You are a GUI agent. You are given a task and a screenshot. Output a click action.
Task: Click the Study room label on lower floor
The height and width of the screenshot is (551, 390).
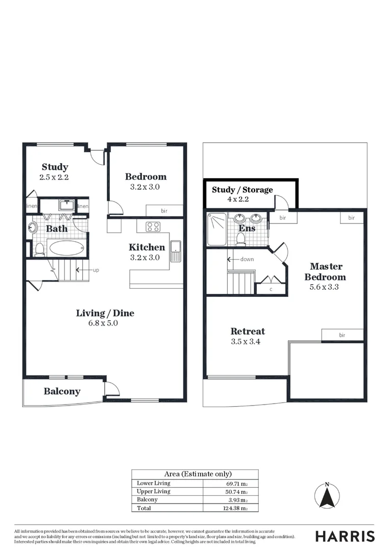click(x=55, y=167)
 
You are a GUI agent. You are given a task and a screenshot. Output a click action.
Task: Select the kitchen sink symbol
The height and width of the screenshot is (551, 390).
click(x=176, y=251)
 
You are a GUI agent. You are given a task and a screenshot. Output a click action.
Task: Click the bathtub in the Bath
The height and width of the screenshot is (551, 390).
click(x=66, y=248)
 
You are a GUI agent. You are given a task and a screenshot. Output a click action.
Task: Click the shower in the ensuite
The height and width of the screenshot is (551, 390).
click(x=216, y=228)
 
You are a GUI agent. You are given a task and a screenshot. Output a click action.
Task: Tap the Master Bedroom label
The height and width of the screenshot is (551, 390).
click(x=326, y=271)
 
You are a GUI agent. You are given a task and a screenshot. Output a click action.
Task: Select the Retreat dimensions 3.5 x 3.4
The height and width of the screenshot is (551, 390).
click(x=246, y=342)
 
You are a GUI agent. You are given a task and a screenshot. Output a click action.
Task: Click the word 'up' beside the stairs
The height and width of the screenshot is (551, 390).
click(x=95, y=269)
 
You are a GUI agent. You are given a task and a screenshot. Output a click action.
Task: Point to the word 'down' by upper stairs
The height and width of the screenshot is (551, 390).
click(x=247, y=259)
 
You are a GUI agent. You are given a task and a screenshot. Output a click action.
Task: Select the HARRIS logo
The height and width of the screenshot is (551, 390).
click(x=345, y=536)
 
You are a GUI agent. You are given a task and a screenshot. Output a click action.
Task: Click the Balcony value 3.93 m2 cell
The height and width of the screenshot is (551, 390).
click(x=238, y=500)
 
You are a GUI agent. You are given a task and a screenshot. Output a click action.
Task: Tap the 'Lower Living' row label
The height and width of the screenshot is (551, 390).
click(x=154, y=483)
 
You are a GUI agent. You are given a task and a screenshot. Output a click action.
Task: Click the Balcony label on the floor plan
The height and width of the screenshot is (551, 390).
click(x=62, y=391)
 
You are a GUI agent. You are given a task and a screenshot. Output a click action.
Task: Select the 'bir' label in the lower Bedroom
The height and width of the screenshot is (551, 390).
click(x=164, y=211)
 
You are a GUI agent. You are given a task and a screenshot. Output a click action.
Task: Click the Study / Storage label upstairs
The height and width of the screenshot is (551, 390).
click(x=242, y=190)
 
